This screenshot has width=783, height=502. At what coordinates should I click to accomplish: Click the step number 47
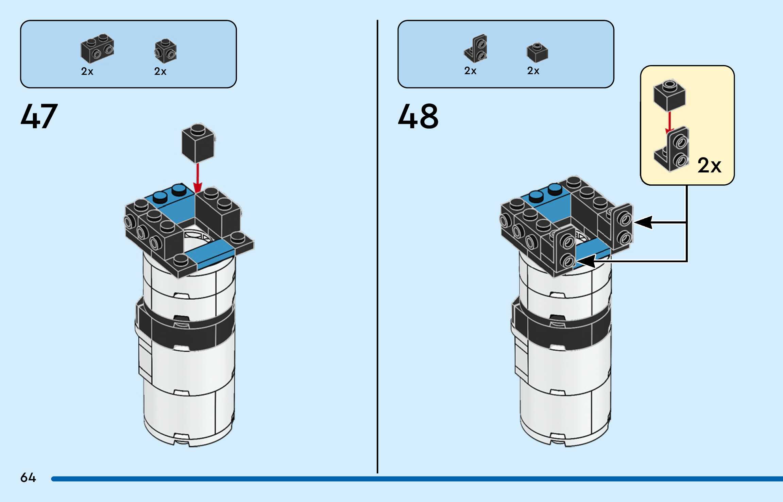click(39, 116)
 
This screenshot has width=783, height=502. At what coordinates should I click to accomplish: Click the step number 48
click(418, 116)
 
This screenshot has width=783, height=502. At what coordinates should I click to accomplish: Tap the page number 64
click(28, 478)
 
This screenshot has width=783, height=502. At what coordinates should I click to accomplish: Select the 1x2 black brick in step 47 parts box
click(97, 48)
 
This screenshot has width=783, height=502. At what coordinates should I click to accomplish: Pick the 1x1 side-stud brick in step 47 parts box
click(166, 51)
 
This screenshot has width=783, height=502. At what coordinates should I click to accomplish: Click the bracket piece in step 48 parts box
click(476, 49)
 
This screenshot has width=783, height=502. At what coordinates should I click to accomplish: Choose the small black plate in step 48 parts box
click(537, 52)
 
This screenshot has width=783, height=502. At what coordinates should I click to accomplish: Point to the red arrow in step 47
click(198, 177)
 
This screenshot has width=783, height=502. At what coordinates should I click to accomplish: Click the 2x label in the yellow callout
click(709, 166)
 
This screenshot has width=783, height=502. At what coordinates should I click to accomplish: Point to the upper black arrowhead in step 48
click(643, 222)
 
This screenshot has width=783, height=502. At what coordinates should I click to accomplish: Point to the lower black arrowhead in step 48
click(585, 261)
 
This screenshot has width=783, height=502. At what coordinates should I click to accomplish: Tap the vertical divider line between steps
click(377, 245)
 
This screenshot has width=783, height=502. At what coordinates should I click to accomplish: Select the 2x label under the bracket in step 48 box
click(470, 71)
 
